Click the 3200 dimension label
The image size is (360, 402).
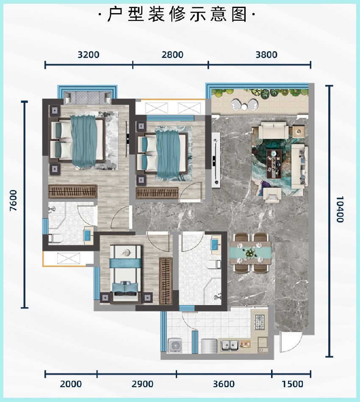point(88,55)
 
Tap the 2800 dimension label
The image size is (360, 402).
point(172,55)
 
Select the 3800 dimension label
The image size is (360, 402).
point(266,55)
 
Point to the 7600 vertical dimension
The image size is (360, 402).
point(14,200)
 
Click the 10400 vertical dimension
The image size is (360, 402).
point(340,209)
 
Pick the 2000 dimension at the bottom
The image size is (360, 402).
point(71,384)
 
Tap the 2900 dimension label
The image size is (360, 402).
point(142,384)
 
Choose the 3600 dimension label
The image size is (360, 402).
point(224,384)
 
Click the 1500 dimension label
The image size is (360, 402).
point(293,384)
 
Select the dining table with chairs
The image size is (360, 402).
point(250,253)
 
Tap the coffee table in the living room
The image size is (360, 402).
point(274,164)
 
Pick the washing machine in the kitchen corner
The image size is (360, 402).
point(175,346)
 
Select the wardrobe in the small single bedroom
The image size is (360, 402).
point(166,281)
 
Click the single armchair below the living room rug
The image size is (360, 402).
point(272,195)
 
